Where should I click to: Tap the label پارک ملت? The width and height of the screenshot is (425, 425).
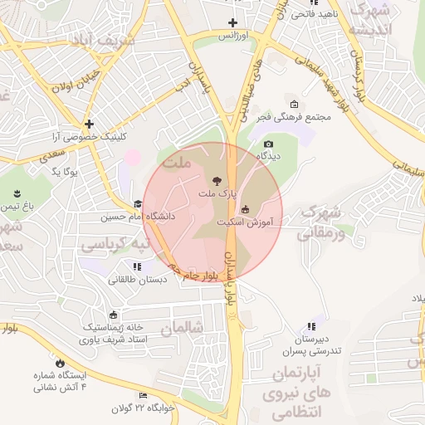point(217,193)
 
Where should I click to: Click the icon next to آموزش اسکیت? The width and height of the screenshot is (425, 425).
point(244,209)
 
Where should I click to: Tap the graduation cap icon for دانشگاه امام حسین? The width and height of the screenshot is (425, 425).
point(138,204)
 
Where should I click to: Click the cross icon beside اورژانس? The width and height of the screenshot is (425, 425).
point(233,23)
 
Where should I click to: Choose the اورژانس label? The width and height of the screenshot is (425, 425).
point(233,37)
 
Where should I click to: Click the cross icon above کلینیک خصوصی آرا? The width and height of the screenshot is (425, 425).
point(89,124)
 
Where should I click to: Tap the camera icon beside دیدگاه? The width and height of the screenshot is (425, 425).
point(268,142)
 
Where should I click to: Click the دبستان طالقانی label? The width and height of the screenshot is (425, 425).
point(137,280)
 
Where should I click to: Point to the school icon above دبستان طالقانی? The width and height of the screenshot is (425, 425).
point(137,266)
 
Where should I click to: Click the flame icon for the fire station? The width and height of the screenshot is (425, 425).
point(60,363)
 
